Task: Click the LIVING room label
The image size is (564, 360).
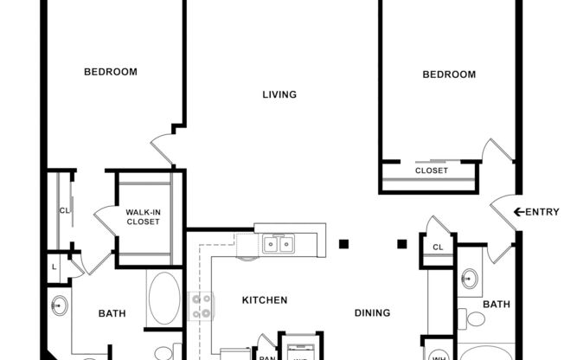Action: [279, 94]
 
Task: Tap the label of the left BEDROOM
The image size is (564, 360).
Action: [110, 72]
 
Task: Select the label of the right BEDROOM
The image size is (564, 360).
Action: [448, 74]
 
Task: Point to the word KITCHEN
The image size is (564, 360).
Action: [264, 300]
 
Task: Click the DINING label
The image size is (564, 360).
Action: [372, 312]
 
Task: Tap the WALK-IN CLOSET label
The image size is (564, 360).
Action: [143, 216]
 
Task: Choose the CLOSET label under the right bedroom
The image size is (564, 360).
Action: [432, 170]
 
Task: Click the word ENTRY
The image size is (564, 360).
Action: [543, 212]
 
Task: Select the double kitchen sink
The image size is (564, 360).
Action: [279, 245]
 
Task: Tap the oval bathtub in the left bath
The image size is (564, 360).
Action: [163, 299]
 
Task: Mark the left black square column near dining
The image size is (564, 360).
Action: [344, 243]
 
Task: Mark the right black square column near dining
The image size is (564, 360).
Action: [401, 243]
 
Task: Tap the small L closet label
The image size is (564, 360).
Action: [54, 266]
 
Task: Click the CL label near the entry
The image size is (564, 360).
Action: [438, 248]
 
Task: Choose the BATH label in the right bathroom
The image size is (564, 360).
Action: [497, 304]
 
